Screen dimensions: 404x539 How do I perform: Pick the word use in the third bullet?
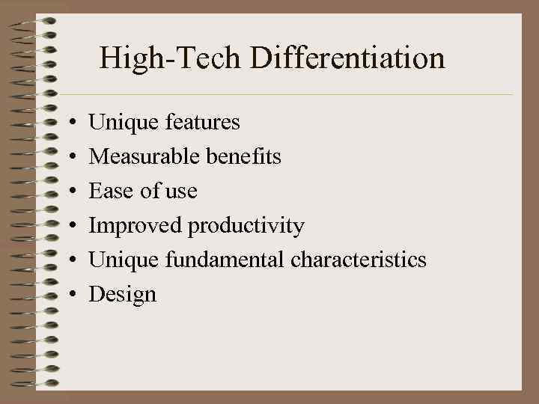click(182, 192)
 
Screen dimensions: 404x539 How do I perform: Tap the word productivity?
click(246, 226)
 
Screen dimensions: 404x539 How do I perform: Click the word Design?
click(123, 295)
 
